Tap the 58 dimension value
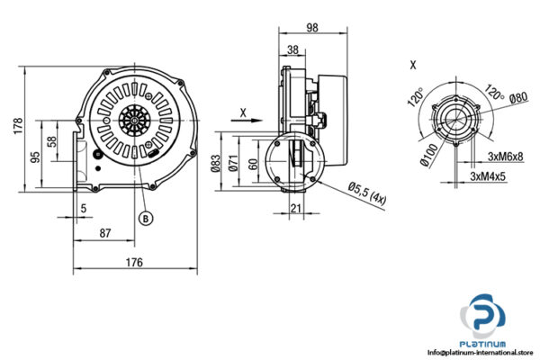(x=52, y=141)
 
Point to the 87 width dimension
(x=105, y=233)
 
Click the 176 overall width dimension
(x=132, y=263)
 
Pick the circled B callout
(x=142, y=217)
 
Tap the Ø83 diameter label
(x=216, y=162)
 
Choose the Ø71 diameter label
(x=233, y=162)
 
